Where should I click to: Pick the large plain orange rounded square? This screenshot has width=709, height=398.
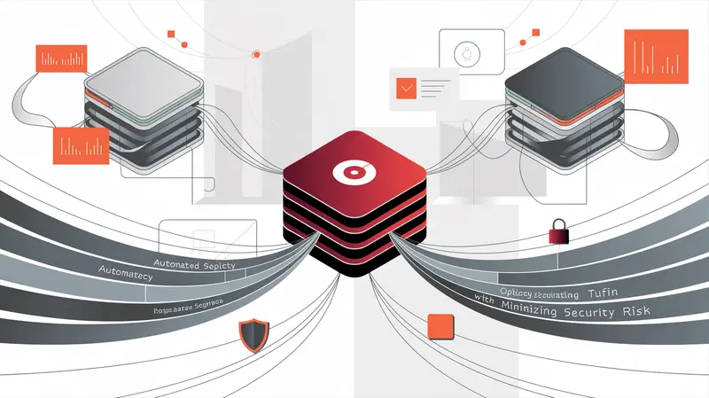(440, 324)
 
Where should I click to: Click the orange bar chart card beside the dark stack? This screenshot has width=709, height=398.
(657, 58)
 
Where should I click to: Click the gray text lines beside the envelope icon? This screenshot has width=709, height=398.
(437, 86)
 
